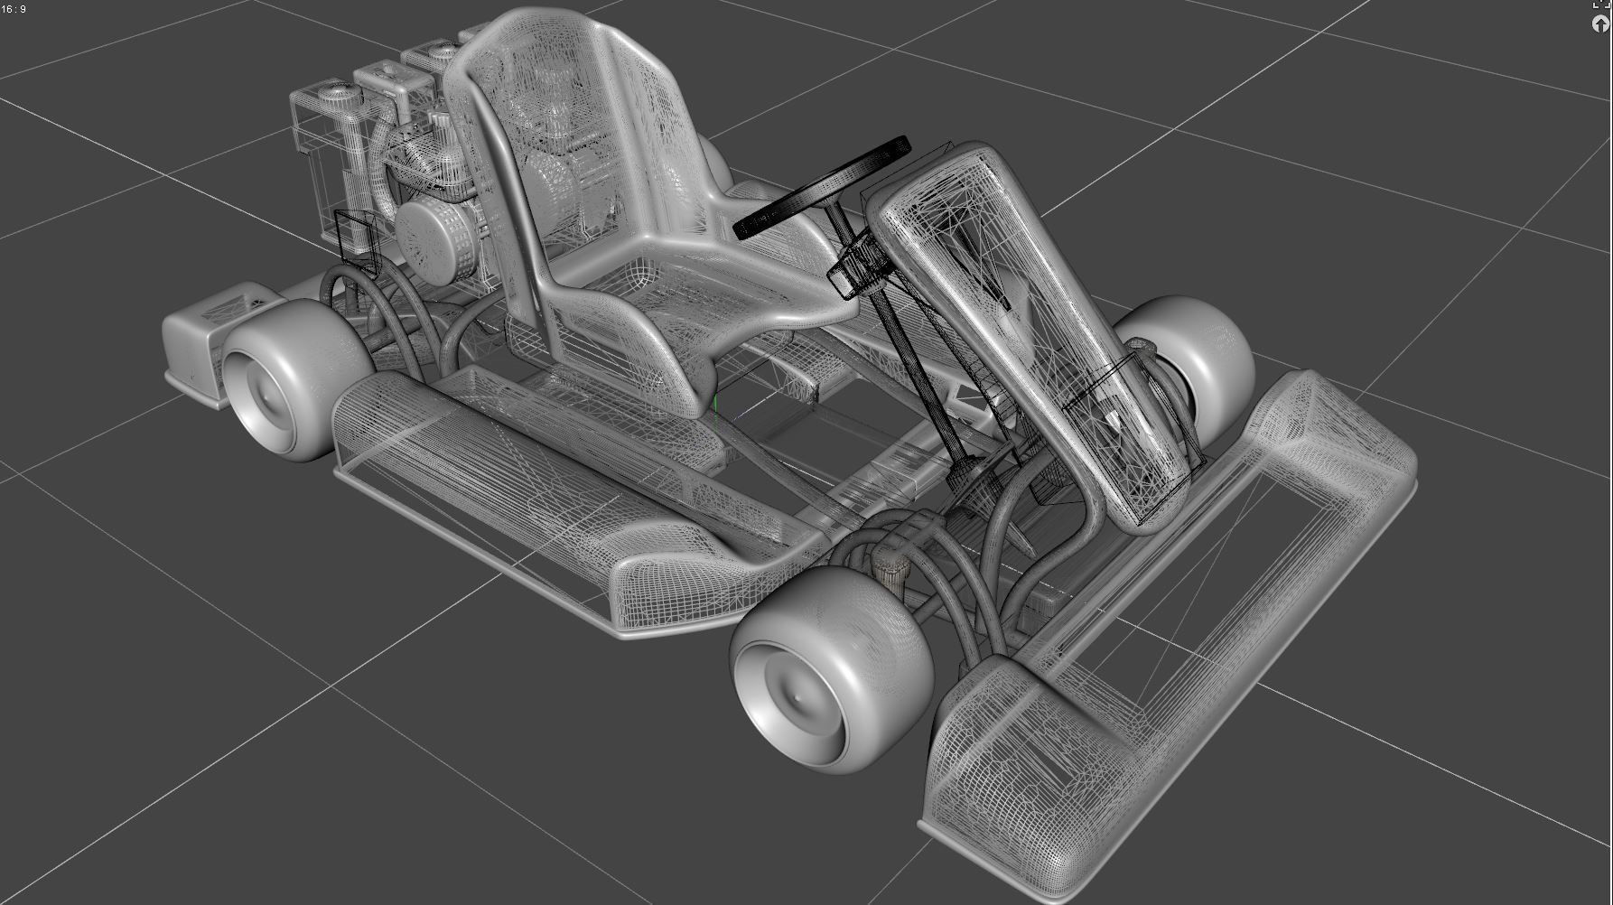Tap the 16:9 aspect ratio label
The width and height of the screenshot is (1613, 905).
14,9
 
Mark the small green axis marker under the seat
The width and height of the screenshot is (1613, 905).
716,404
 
